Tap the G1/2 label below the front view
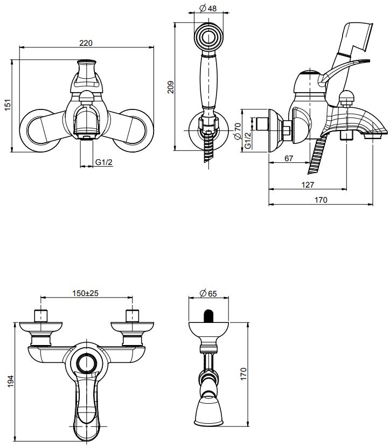coord(104,163)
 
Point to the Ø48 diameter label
coord(208,9)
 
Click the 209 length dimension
coord(170,87)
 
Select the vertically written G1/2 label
coord(247,140)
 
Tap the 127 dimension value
coord(308,184)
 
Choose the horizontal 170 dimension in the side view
coord(321,200)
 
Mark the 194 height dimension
coord(8,381)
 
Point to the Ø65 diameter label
coord(208,293)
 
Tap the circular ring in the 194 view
coord(87,364)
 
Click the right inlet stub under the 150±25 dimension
coord(131,315)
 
